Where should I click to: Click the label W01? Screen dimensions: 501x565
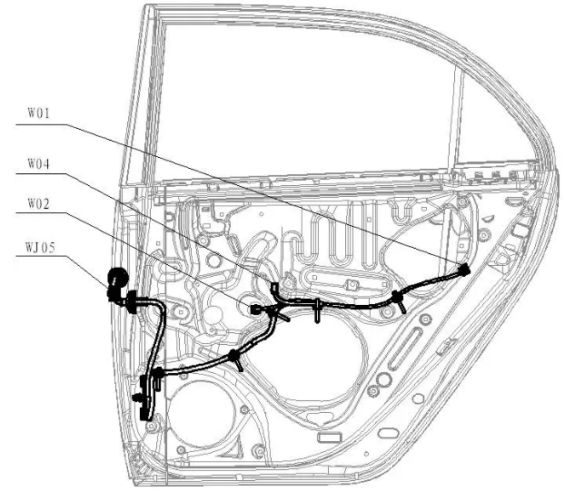pos(37,115)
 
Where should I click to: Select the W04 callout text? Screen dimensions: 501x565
pos(37,164)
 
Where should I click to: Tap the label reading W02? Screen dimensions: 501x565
pos(37,205)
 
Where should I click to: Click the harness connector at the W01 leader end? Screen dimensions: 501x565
pos(463,270)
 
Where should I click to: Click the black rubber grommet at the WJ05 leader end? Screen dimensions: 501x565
pos(116,282)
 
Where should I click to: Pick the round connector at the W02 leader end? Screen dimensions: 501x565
pos(255,309)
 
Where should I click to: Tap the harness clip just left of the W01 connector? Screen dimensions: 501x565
pos(397,296)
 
